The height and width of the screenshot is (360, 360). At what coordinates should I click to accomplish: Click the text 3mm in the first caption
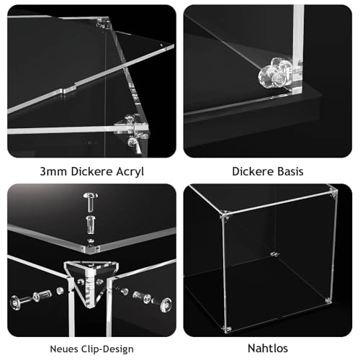52,171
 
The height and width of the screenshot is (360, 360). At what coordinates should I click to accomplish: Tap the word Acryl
127,171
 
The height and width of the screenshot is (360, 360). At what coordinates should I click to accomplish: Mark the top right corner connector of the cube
332,193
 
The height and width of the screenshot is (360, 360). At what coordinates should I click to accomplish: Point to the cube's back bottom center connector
274,253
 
